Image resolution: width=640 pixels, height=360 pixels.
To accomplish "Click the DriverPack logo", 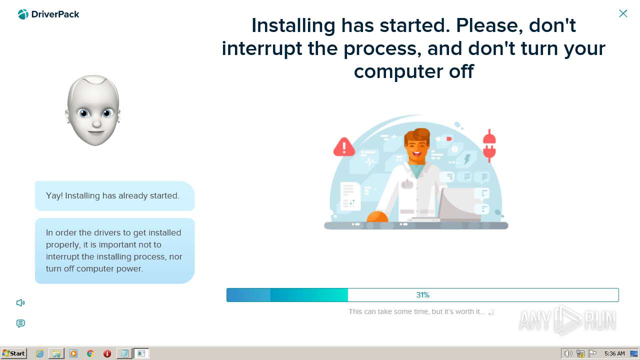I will [x=48, y=14].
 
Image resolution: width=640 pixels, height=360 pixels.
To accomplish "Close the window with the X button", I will [x=623, y=13].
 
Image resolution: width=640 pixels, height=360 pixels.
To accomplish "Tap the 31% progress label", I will [x=422, y=295].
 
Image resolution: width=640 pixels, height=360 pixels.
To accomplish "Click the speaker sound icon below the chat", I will [x=20, y=302].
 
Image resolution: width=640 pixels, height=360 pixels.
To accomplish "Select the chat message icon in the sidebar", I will [x=20, y=323].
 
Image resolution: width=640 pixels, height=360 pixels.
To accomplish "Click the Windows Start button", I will [x=13, y=353].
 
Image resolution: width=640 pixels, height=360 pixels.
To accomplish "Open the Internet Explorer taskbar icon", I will [x=40, y=353].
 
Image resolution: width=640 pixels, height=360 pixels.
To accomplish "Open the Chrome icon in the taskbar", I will [x=90, y=353].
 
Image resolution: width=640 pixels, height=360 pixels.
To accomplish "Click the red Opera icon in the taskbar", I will [x=107, y=353].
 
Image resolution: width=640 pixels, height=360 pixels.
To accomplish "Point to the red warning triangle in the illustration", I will [x=344, y=147].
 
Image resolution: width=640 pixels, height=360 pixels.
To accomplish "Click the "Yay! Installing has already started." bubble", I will [x=114, y=196].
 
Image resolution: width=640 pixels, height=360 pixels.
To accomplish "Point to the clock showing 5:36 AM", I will [x=614, y=353].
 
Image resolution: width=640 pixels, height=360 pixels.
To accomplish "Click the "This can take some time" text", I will [x=416, y=311].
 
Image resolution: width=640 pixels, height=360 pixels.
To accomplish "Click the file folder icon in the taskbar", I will [x=56, y=353].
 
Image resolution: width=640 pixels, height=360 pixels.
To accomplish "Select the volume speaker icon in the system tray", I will [x=568, y=353].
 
